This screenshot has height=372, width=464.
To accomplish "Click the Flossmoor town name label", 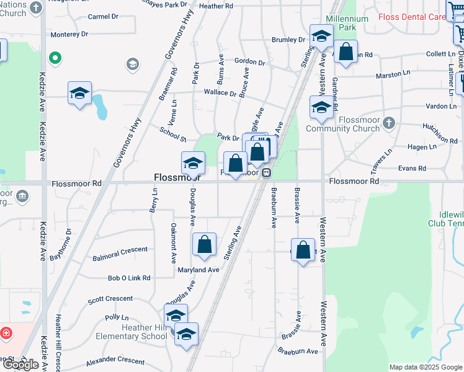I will pos(171,178).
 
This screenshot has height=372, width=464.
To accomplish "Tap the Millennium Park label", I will pos(347,23).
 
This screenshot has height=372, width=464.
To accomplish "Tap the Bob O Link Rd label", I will pos(129,278).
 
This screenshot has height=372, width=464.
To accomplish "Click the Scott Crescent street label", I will pos(110,299).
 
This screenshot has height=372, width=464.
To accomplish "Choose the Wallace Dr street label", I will pos(220,93).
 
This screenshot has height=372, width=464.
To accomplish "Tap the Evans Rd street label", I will pos(412,168).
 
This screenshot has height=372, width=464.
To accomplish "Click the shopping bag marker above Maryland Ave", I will pos(205,244).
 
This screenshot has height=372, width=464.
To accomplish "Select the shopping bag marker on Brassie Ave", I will pos(303,250).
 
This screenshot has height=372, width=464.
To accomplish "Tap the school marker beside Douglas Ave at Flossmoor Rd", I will pos(193,163).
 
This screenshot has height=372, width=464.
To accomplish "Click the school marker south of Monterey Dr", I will pos(79,93).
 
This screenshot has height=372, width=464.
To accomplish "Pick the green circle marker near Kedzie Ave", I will pos(55,59).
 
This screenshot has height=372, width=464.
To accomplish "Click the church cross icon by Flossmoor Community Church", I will pos(389,122).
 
